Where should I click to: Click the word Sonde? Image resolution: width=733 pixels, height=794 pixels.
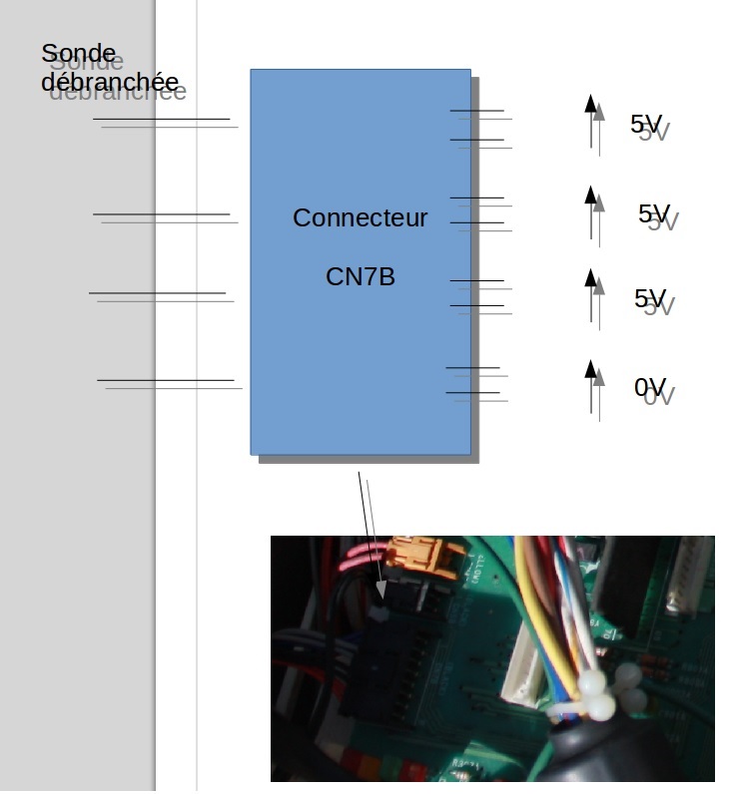[x=78, y=53]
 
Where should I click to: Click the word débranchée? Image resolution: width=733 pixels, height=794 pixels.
[x=110, y=82]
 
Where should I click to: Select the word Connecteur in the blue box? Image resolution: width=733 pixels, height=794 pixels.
[x=360, y=217]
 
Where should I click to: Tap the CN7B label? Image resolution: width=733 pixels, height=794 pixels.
[x=360, y=276]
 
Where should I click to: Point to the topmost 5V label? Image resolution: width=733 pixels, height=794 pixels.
[x=646, y=125]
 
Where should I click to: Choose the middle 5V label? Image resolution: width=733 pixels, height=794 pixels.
[x=654, y=213]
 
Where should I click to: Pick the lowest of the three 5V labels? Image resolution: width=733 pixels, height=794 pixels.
[x=650, y=298]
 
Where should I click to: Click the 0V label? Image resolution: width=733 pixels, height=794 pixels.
[x=650, y=388]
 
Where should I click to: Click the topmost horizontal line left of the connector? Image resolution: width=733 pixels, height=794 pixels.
[x=161, y=120]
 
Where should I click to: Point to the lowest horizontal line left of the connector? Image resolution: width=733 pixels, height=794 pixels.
[x=165, y=380]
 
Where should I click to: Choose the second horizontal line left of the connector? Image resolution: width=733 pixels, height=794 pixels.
[x=161, y=213]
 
